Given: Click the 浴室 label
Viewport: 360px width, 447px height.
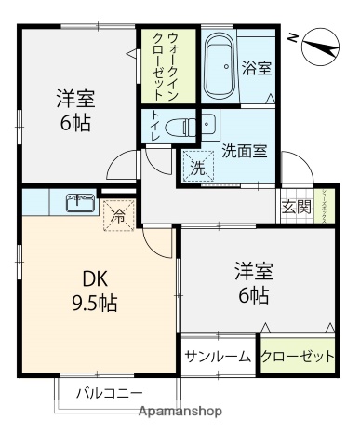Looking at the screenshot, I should [256, 67].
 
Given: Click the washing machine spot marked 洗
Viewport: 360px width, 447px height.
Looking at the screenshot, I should [196, 168].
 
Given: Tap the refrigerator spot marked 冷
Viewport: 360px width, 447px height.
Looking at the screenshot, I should [118, 212].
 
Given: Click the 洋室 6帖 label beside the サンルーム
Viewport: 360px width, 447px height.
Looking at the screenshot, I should [252, 283].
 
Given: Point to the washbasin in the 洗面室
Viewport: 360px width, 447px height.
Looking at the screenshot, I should [207, 125].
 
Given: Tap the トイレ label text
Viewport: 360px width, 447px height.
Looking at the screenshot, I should [153, 126].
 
